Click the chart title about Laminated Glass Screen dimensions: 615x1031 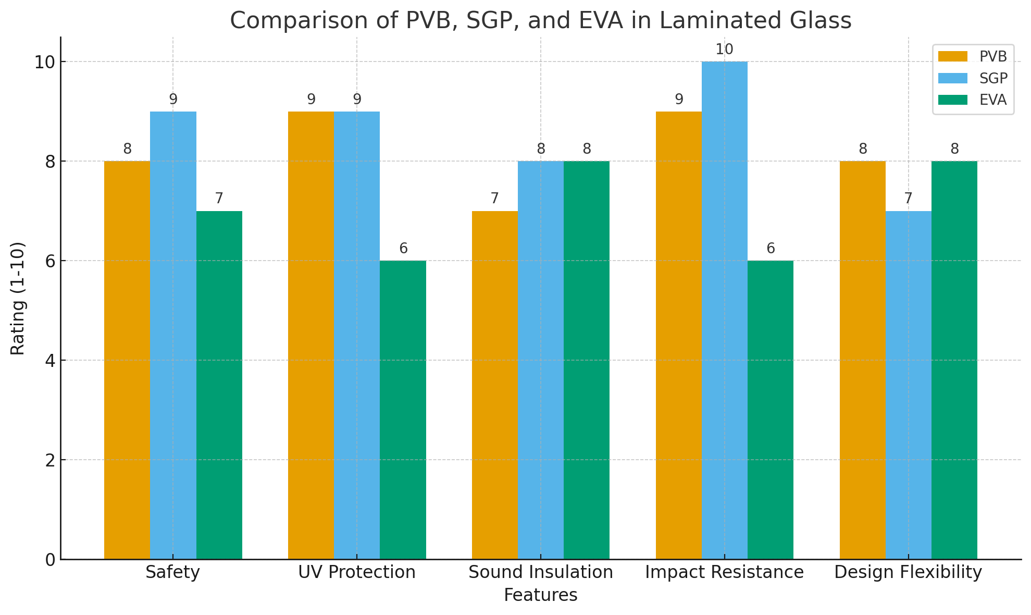click(x=540, y=21)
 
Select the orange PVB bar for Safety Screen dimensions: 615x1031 click(x=127, y=360)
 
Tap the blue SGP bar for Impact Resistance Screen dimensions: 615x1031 click(x=725, y=310)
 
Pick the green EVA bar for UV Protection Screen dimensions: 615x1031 click(x=403, y=410)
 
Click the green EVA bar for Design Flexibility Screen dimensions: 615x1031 click(x=954, y=360)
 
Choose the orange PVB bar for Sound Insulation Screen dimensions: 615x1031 click(x=495, y=385)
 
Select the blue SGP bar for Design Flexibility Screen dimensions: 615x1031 click(x=909, y=385)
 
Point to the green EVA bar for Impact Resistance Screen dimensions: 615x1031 click(x=771, y=410)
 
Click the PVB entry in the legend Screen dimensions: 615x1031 click(x=972, y=56)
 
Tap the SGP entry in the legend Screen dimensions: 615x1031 click(x=972, y=78)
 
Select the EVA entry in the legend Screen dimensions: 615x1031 click(x=972, y=100)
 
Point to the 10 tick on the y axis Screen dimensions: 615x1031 click(x=45, y=62)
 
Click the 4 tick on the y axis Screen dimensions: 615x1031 click(x=51, y=360)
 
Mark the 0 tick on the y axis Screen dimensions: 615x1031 click(x=51, y=559)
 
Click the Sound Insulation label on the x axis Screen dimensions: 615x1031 click(x=541, y=572)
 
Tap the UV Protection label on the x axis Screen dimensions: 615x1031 click(x=357, y=572)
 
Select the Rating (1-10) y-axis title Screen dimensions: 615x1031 click(x=18, y=298)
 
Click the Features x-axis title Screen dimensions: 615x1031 click(x=541, y=595)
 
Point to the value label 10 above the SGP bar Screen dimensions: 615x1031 click(x=725, y=50)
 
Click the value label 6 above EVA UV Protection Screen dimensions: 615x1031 click(x=403, y=249)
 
